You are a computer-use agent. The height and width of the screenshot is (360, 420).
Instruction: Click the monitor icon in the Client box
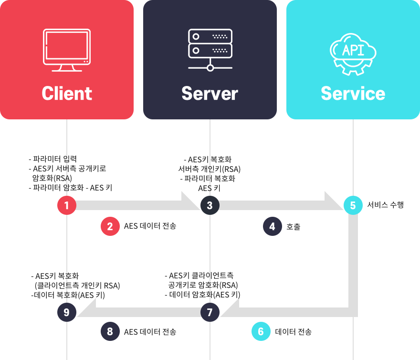click(67, 50)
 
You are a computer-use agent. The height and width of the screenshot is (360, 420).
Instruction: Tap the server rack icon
click(210, 50)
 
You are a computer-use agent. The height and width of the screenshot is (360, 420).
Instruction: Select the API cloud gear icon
click(353, 53)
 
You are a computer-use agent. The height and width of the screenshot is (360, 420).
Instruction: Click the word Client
click(67, 94)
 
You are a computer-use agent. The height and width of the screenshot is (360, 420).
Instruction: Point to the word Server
click(210, 94)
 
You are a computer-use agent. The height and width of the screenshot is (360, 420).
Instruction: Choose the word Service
click(353, 94)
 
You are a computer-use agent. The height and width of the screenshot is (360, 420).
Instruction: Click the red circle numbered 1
click(67, 205)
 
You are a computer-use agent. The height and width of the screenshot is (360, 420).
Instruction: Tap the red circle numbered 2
click(110, 226)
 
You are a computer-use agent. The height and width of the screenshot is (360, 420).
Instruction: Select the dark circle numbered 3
click(210, 205)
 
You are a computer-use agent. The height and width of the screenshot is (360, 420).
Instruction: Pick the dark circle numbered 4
click(273, 226)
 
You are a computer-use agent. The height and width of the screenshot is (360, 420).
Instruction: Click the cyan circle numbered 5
click(353, 205)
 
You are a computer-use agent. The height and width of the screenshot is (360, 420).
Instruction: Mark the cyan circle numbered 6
click(261, 332)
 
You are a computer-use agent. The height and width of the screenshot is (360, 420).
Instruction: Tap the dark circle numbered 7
click(210, 312)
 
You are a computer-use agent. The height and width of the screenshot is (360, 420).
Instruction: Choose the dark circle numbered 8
click(110, 332)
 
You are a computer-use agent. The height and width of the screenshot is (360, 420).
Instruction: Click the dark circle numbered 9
click(67, 312)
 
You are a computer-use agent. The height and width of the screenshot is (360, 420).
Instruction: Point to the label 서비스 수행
click(386, 205)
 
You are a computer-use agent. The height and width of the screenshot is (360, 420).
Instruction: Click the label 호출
click(294, 226)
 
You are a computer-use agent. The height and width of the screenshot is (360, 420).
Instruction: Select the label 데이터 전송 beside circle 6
click(294, 332)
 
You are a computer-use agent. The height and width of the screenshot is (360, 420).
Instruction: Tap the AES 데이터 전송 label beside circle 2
click(150, 226)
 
